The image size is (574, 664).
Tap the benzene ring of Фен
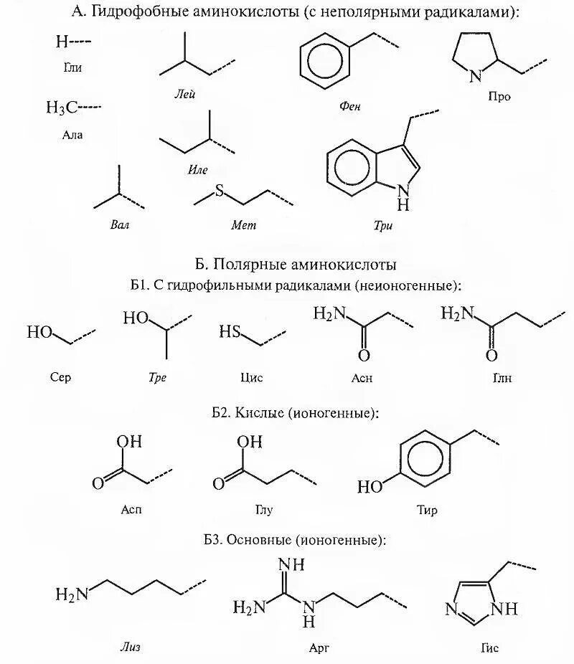325,58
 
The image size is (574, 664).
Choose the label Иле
198,170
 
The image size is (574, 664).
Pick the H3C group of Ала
62,108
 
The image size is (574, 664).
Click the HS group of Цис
230,332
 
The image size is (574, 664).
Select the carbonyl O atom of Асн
364,356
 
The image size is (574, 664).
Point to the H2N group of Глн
456,313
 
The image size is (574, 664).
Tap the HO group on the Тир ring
371,488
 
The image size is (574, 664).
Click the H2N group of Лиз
71,594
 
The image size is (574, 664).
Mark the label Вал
121,224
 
